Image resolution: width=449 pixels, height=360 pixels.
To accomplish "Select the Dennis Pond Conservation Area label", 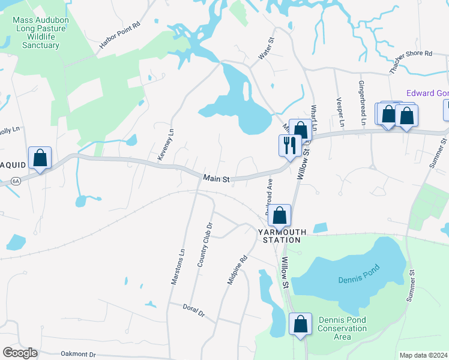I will pos(342,328).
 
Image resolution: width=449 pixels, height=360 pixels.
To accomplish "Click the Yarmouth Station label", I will pos(282,236).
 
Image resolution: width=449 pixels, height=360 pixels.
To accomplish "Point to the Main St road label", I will pos(217,178).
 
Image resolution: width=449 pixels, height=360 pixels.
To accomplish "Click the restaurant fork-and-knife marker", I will pos(289,145).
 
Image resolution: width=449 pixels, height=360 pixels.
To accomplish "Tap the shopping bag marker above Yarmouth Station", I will pos(280,215).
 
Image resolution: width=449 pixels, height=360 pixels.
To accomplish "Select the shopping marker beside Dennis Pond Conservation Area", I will pos(301,324).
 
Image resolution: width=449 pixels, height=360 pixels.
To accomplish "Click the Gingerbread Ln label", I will pos(363,103).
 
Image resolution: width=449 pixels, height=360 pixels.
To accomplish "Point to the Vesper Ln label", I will pos(340,112).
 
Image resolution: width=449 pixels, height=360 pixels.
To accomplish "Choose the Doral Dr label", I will pos(194,310).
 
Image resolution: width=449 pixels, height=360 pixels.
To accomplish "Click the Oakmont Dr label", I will pos(78,355).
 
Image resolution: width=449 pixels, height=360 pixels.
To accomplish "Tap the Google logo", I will pos(20,353).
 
